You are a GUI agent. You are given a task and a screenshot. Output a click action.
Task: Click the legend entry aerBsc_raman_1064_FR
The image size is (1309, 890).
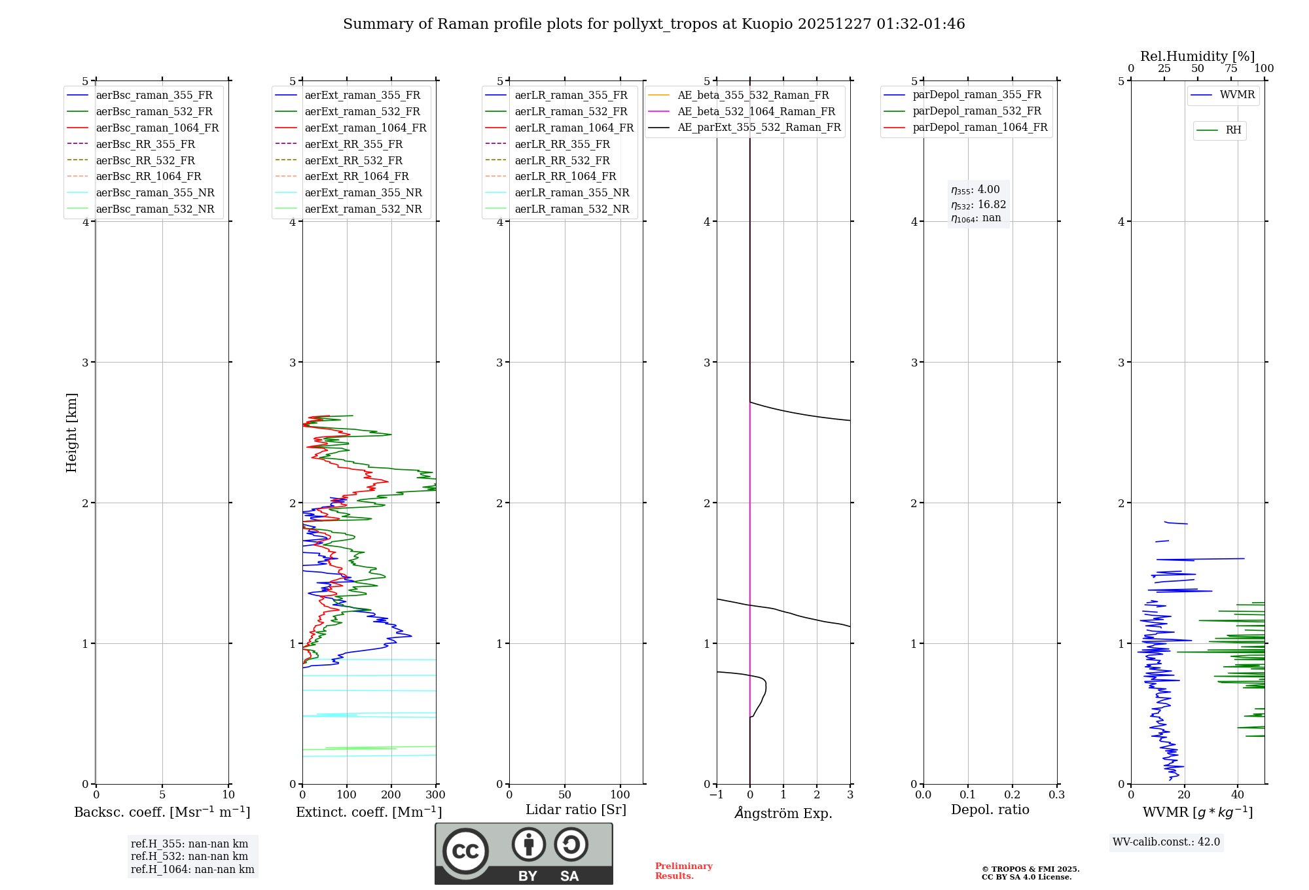pos(157,128)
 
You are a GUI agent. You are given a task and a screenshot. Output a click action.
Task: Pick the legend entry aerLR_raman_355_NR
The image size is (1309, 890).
pos(571,193)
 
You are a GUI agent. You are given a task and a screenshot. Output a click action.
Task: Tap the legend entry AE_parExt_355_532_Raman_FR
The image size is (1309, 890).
pos(759,128)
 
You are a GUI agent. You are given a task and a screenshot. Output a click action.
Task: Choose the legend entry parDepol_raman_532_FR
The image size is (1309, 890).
pos(977,111)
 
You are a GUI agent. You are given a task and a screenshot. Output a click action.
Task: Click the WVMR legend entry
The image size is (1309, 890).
pos(1236,96)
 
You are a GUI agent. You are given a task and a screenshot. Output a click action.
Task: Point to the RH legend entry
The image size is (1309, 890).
pos(1232,130)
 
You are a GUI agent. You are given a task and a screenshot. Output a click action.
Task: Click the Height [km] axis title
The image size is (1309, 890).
pos(71,433)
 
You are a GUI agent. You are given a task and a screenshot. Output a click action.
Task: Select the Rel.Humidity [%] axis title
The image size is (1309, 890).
pos(1197,56)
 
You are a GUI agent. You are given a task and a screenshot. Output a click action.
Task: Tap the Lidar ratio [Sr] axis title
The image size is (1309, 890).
pos(575,810)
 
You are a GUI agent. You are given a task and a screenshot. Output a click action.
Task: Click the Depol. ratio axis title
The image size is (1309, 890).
pos(990,810)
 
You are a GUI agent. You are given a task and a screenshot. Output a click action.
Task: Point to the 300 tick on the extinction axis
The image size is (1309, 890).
pos(436,795)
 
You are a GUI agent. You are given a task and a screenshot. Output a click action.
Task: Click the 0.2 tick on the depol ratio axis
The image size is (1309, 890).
pos(1012,795)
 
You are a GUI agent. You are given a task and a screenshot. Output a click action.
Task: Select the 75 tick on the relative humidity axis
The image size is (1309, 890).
pos(1231,69)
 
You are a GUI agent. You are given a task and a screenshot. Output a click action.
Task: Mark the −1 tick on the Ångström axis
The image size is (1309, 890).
pos(716,795)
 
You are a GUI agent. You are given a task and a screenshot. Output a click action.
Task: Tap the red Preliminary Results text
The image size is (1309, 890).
pos(683,871)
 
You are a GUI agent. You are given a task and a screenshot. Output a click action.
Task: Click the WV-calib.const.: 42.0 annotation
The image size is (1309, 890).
pos(1166,842)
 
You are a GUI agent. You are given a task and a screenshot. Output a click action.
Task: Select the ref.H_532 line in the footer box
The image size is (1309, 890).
pos(189,857)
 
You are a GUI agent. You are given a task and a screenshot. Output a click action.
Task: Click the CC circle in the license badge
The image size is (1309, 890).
pos(465,851)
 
